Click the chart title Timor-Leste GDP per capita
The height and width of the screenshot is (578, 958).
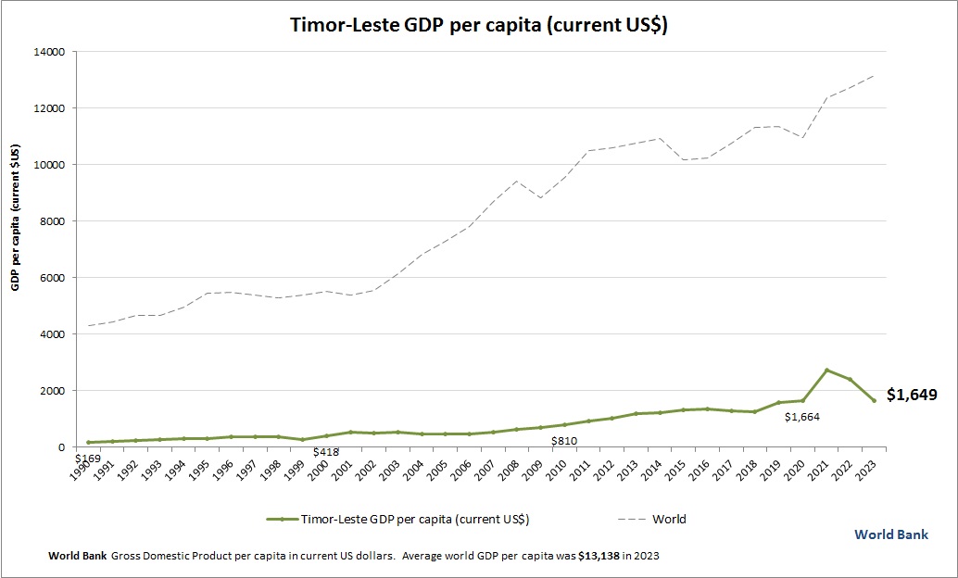coord(479,26)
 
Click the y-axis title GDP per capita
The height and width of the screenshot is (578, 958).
coord(16,217)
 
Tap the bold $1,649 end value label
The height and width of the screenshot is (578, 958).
coord(912,395)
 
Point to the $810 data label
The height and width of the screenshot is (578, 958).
coord(564,442)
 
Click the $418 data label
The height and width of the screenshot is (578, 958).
coord(325,452)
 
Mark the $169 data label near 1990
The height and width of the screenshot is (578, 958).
coord(87,458)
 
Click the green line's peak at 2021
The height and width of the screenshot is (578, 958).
coord(826,370)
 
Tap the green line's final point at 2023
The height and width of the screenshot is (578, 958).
coord(874,400)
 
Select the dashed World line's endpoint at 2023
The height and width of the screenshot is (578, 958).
coord(874,76)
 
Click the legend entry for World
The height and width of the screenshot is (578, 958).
coord(669,520)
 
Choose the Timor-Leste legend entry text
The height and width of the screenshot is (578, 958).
coord(414,520)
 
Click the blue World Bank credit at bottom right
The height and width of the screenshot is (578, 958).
coord(890,534)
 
